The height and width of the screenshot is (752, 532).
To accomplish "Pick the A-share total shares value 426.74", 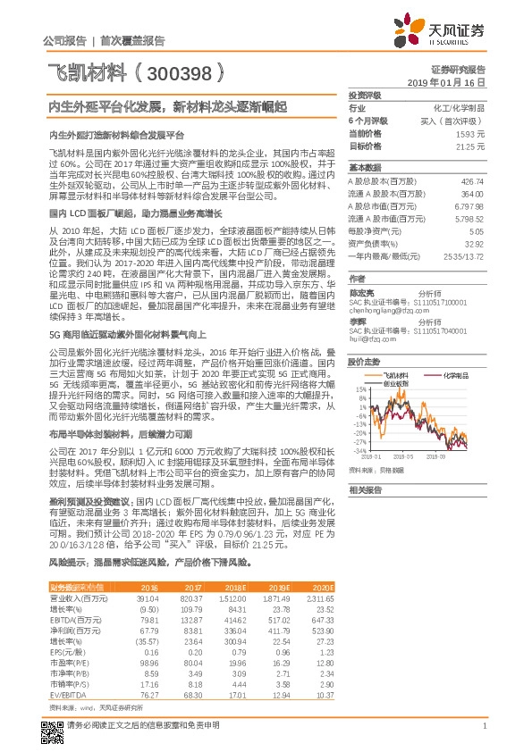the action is click(473, 180).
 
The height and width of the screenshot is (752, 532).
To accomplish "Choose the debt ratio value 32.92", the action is click(476, 242).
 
